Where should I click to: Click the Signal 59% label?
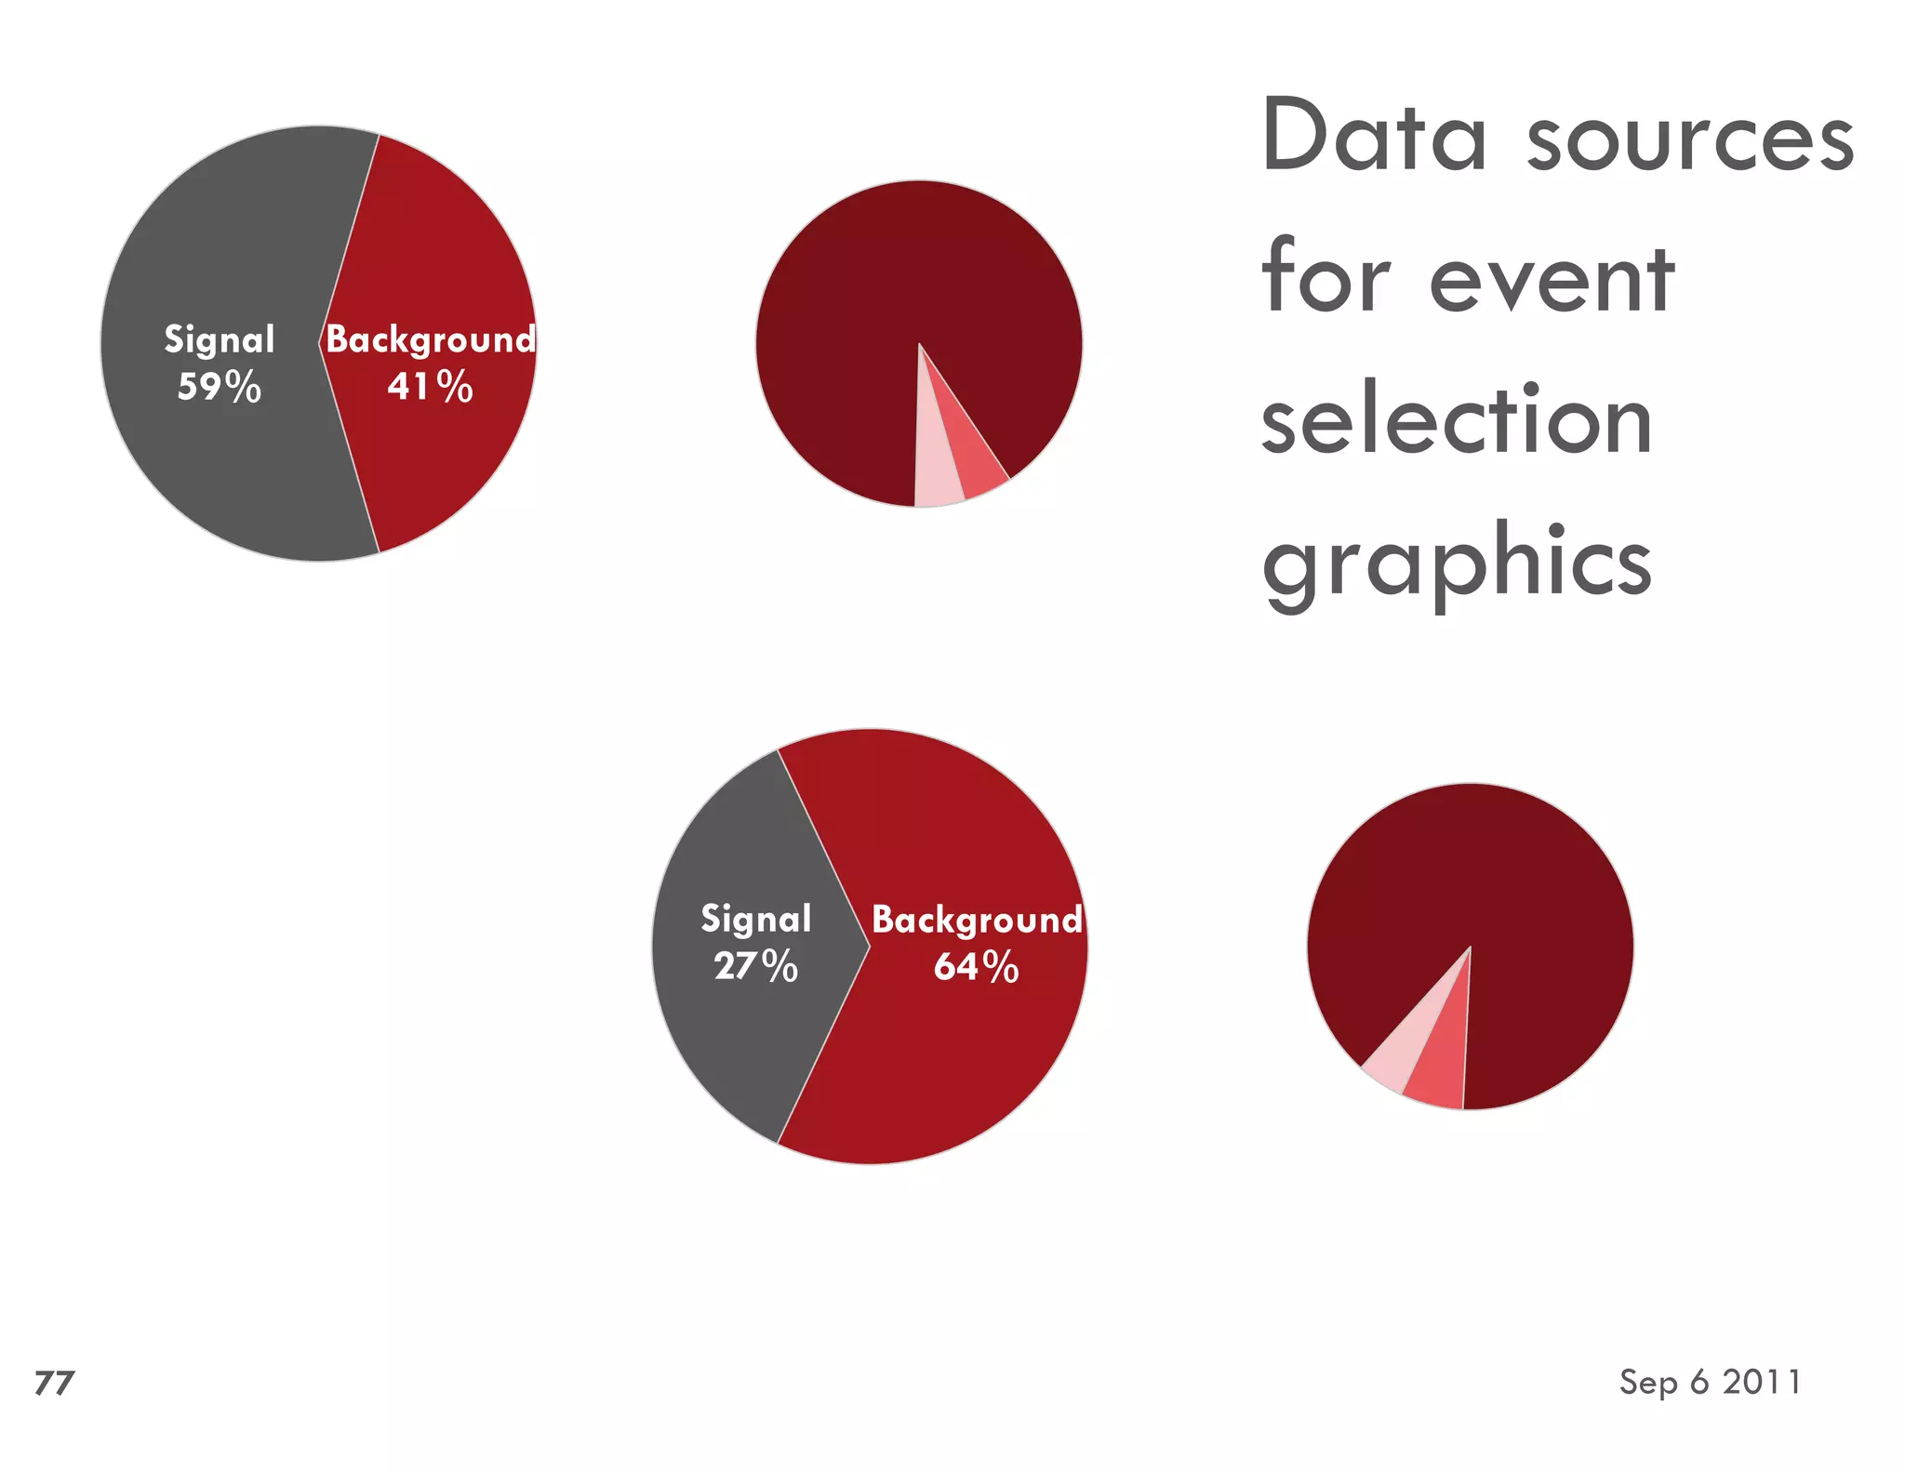(220, 363)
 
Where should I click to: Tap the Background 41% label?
(430, 363)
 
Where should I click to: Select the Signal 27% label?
(755, 942)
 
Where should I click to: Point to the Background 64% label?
(977, 942)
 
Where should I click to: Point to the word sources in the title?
(1690, 139)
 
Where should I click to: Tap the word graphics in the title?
(1457, 563)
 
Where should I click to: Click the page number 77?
(54, 1383)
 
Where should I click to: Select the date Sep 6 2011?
(1710, 1382)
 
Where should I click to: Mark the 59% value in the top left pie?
(220, 387)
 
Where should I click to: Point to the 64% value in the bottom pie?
(977, 966)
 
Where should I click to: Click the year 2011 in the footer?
(1762, 1382)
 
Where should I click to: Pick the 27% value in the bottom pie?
(755, 966)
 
